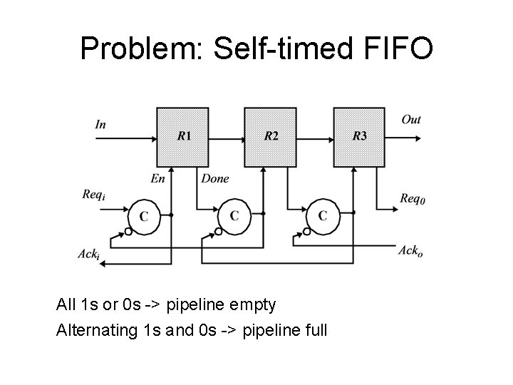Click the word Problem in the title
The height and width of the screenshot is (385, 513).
click(139, 49)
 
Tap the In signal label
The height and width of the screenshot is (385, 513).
click(101, 124)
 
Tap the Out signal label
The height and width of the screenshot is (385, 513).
click(411, 119)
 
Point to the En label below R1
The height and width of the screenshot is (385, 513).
click(157, 179)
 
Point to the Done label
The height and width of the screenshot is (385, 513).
click(215, 179)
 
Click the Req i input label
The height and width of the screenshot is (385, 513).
click(94, 195)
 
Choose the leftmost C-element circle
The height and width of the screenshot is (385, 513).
click(145, 215)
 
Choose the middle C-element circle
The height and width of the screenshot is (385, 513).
click(234, 215)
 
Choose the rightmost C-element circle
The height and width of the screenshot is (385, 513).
click(323, 215)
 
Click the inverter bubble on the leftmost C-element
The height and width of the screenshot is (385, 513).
click(128, 231)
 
